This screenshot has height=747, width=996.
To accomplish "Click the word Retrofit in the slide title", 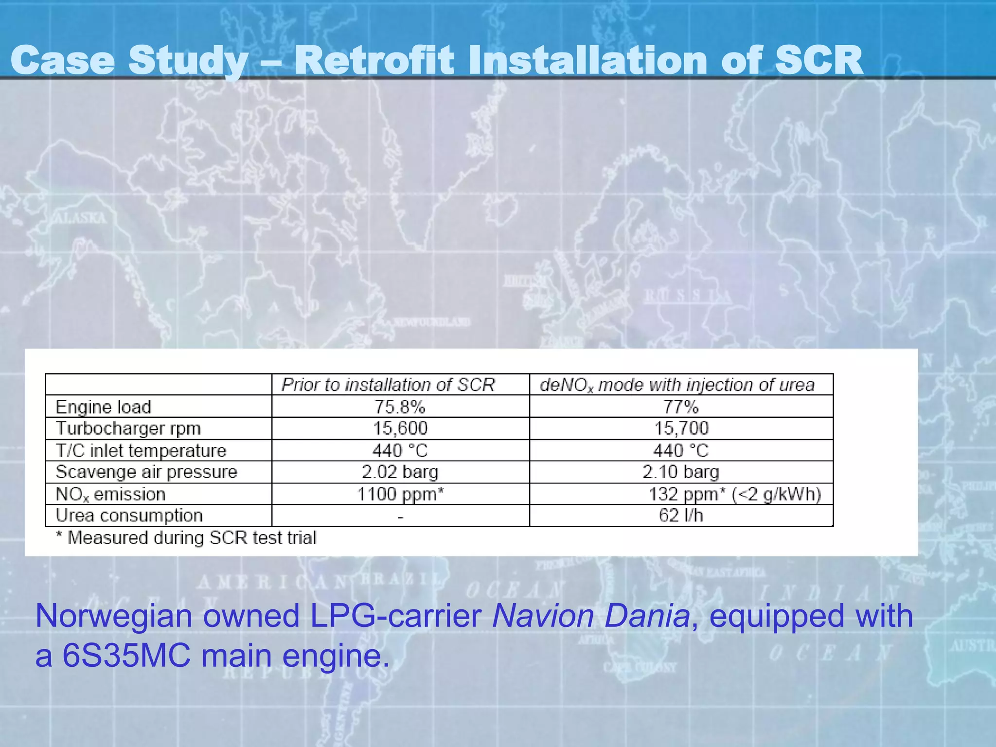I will pos(374,60).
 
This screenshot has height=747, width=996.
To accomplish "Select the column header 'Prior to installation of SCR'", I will pos(388,385).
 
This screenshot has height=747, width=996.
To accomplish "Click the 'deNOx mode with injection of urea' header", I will pos(677,385).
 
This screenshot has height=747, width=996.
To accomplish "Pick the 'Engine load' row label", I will pos(104,407).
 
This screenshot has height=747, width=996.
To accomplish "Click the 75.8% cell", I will pos(400,407).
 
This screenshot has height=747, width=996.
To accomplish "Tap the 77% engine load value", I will pos(681,407).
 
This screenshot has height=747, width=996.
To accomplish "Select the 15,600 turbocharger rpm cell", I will pos(400,428).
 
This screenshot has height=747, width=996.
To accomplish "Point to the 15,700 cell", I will pos(681,428).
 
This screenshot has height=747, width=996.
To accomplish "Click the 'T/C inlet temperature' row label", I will pos(141,450).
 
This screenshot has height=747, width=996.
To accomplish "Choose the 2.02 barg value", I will pos(400,472).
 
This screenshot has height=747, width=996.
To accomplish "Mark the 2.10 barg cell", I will pos(681,472).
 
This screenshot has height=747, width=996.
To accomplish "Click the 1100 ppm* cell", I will pos(400,494).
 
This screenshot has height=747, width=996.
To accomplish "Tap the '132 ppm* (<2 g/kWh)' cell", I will pos(734,494).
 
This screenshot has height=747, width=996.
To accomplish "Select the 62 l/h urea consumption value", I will pos(681,516).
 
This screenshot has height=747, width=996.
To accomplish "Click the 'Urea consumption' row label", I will pos(129,516).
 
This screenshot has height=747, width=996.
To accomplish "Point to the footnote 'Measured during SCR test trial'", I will pos(192,538).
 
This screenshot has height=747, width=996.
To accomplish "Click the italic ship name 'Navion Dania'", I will pos(591,616).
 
